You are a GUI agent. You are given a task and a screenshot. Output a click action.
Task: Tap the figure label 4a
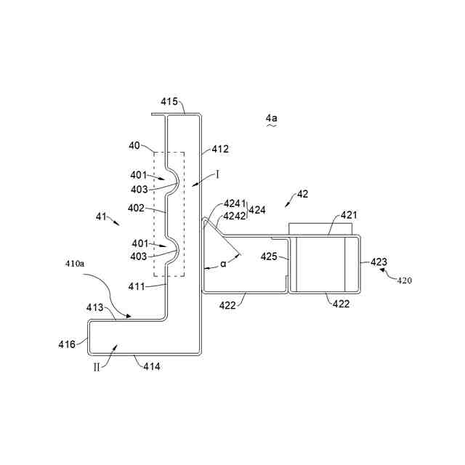click(x=271, y=117)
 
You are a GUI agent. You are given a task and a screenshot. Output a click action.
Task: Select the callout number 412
click(x=220, y=150)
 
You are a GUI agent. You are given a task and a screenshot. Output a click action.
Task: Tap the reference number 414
click(x=152, y=366)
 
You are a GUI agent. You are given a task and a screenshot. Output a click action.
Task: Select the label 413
click(x=96, y=308)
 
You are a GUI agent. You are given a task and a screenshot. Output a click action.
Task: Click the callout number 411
click(x=149, y=286)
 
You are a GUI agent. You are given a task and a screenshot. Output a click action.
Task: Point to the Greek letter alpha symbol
click(x=224, y=264)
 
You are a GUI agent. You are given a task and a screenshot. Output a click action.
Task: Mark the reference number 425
click(x=269, y=256)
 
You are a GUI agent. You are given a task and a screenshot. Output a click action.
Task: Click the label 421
click(x=349, y=215)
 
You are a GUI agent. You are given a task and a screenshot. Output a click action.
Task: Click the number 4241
click(x=235, y=204)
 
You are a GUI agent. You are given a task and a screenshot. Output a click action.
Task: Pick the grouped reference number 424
click(x=257, y=210)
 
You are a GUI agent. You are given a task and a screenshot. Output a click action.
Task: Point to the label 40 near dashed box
click(x=135, y=146)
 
